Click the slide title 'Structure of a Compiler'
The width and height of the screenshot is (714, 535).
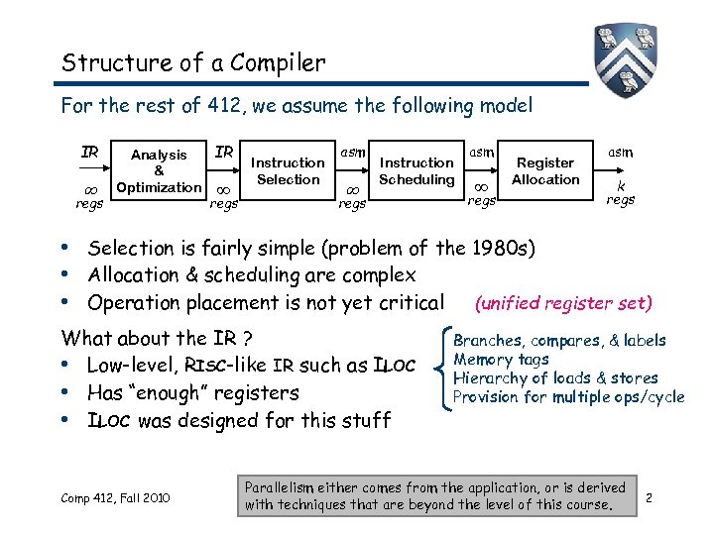coord(193,63)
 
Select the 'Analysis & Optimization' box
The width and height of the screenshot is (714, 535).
coord(159,170)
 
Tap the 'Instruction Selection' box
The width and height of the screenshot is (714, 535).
coord(288,170)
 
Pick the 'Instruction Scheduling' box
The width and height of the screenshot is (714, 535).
coord(416,170)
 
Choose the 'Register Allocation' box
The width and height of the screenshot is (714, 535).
coord(545,170)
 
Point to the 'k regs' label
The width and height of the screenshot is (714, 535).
coord(621,192)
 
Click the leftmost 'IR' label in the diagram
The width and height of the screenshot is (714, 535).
coord(89,153)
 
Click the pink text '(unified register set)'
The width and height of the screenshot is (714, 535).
coord(563,303)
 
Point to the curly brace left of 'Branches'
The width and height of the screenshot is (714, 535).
coord(441,369)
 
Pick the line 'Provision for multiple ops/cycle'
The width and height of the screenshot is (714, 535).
coord(568,397)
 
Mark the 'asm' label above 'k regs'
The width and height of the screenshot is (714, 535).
coord(621,152)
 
